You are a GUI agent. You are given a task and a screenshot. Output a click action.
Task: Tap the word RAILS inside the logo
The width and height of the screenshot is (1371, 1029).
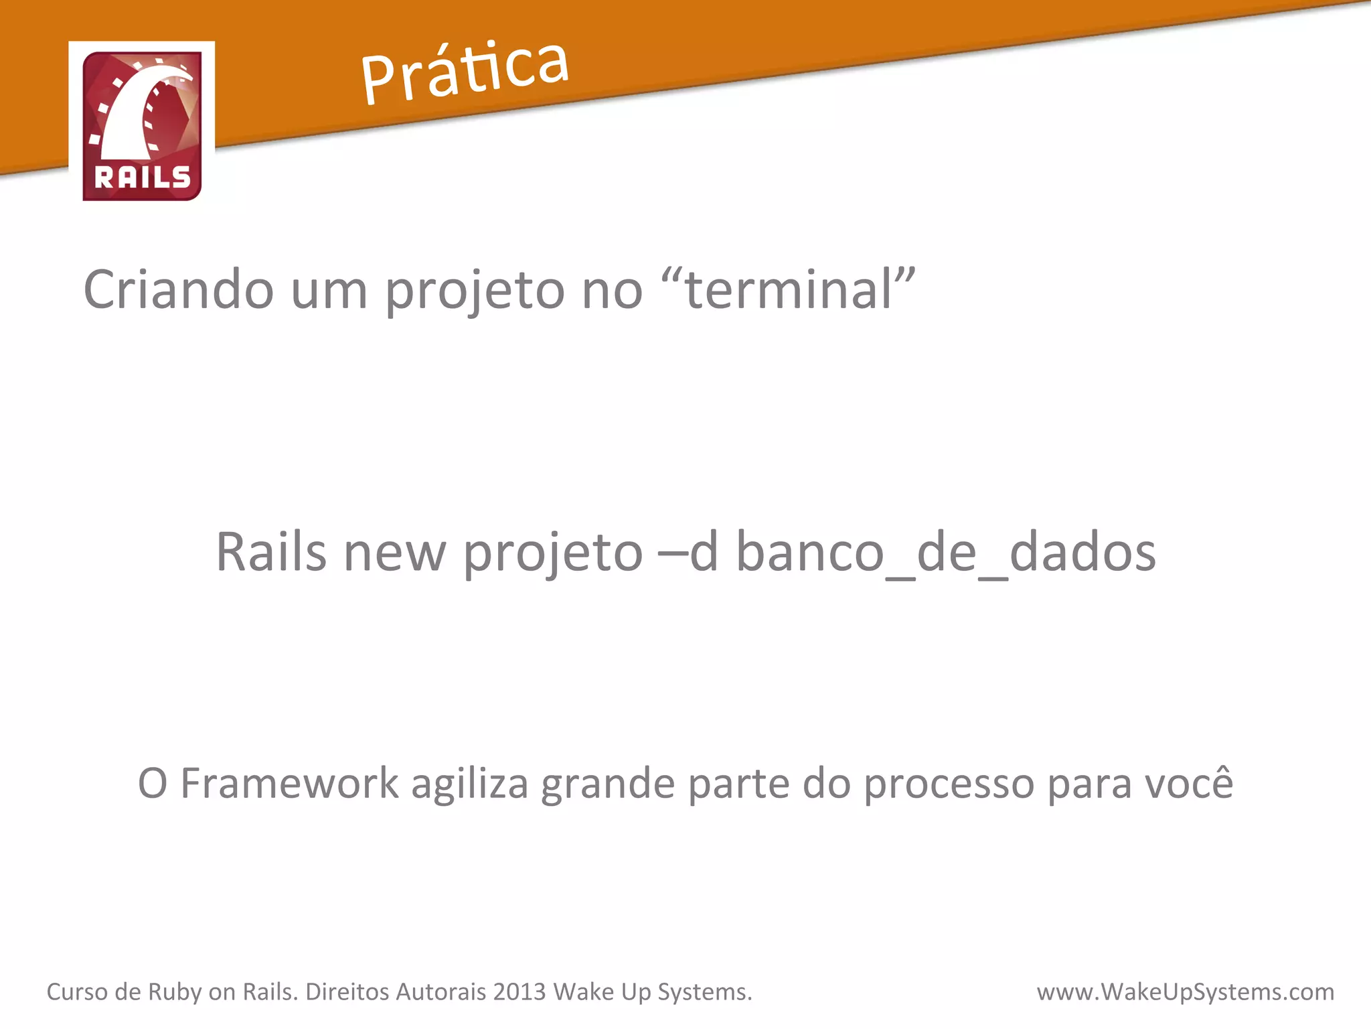point(143,178)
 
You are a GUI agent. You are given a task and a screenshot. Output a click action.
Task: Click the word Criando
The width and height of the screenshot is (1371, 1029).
point(178,289)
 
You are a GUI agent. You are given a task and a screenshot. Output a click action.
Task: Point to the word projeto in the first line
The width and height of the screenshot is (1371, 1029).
point(475,292)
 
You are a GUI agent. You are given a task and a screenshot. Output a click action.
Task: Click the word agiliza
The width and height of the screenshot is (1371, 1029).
point(469,784)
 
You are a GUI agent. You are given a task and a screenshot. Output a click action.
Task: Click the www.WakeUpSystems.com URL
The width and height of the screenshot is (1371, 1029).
point(1185,992)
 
